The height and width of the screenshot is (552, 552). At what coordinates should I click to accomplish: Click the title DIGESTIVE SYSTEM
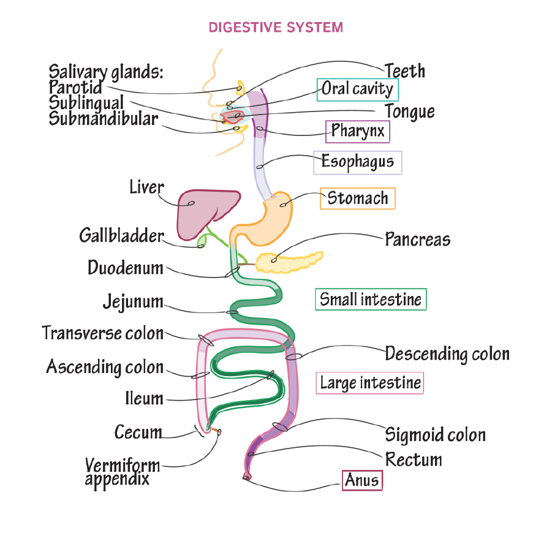pos(276,28)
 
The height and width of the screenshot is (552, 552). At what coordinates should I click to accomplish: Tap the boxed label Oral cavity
pos(357,89)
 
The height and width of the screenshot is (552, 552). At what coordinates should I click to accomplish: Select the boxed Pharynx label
pos(357,130)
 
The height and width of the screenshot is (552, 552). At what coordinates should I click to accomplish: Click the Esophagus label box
pos(357,162)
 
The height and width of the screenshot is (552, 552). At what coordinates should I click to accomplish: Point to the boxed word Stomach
pos(357,198)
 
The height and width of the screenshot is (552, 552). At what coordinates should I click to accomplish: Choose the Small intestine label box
pos(371,300)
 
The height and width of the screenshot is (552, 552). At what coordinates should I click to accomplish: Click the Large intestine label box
pos(370,383)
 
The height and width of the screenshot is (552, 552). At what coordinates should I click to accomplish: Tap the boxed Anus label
pos(362,480)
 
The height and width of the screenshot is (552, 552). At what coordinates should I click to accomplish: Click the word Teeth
pos(405,71)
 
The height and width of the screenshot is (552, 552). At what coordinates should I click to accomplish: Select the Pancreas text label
pos(417,240)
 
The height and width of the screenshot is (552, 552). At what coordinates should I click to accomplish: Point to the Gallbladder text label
pos(121,236)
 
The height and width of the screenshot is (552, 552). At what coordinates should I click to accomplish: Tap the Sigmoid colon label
pos(435,435)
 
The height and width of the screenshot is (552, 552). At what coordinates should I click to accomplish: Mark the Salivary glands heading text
pos(106,72)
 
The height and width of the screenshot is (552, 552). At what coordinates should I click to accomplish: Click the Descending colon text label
pos(447,354)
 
